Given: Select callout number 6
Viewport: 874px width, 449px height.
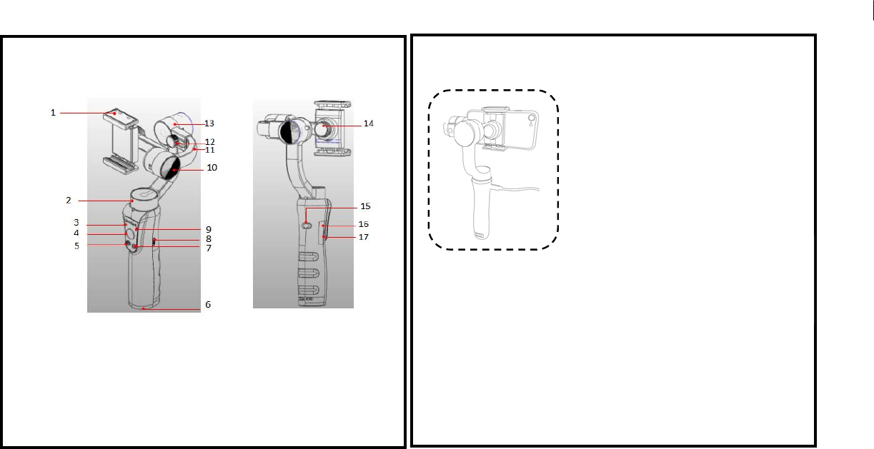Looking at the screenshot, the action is tap(207, 304).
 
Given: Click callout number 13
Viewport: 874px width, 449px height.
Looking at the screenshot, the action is tap(209, 123).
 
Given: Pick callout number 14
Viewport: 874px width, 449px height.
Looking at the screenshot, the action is tap(369, 123).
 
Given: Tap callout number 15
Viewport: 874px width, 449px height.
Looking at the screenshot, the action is tap(365, 206).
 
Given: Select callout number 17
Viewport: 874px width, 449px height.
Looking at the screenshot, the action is tap(364, 237).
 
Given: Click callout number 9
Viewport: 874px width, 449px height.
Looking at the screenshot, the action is tap(209, 229).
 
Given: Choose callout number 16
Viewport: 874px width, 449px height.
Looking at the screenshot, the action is tap(364, 224).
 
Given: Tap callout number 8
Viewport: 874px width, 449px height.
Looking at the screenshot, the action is tap(209, 238).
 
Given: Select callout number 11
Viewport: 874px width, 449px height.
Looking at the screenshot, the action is tap(209, 150).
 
